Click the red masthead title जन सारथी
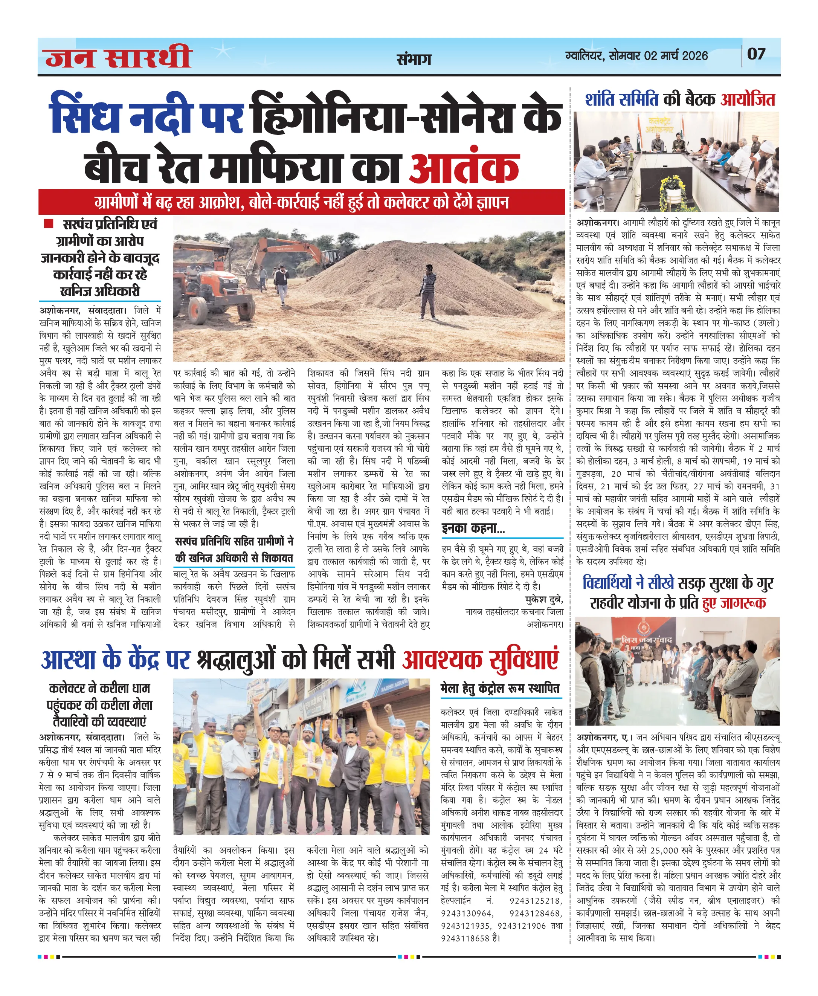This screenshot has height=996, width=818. tap(118, 57)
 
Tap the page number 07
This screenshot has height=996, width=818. tap(756, 54)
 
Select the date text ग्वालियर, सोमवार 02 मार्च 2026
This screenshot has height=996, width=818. tap(636, 56)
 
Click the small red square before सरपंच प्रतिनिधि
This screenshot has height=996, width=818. tap(48, 223)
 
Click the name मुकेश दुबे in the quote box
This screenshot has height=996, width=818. tap(544, 599)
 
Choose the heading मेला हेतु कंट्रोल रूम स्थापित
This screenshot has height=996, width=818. tap(500, 689)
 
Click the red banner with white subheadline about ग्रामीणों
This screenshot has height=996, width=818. tap(302, 202)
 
